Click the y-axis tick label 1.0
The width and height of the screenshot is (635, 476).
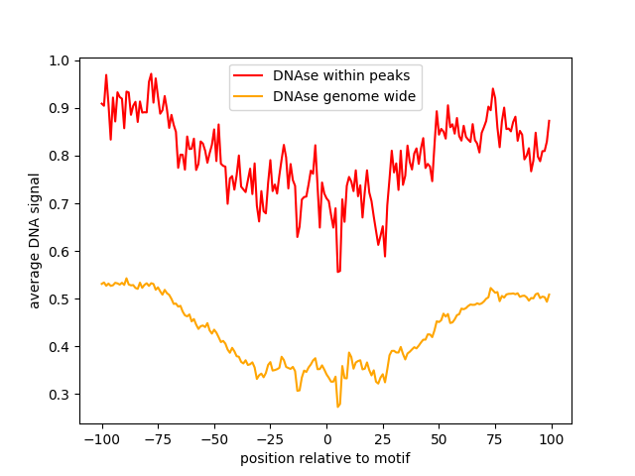pos(60,60)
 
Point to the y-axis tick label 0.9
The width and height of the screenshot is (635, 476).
pos(60,108)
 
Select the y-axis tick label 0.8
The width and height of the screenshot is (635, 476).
pos(60,156)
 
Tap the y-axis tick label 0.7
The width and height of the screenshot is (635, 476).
pos(60,203)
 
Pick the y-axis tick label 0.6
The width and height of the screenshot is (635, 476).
pos(60,251)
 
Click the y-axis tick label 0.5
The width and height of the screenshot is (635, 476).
pos(60,298)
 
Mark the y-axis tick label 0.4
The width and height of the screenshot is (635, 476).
pos(60,346)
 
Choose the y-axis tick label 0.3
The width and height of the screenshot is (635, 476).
pos(60,394)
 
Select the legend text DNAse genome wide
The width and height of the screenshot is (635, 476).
pos(344,97)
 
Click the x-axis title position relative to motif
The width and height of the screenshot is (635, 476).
pos(325,459)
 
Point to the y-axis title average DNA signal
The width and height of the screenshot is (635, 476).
pos(35,241)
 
